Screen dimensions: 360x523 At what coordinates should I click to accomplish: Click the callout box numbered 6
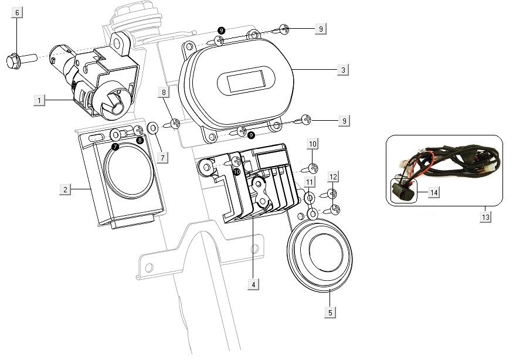[18, 13]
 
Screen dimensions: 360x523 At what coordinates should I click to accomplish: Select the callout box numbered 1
[39, 101]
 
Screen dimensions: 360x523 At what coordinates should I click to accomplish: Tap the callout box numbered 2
[65, 189]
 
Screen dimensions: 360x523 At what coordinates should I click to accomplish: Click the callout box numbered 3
[344, 70]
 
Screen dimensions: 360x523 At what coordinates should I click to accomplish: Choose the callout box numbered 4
[253, 284]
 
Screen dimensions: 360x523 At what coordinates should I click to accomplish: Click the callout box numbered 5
[330, 313]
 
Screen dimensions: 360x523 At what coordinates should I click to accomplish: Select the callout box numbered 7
[162, 157]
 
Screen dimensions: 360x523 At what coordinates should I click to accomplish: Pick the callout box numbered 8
[164, 92]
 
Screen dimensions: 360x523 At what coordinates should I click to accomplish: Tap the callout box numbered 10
[313, 144]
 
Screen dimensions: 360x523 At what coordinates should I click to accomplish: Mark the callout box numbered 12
[333, 176]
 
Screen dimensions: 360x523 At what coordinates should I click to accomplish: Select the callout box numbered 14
[433, 192]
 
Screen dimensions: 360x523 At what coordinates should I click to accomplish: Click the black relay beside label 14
[402, 191]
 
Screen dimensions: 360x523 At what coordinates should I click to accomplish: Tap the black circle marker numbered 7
[115, 146]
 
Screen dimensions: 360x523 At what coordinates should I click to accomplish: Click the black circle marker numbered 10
[236, 172]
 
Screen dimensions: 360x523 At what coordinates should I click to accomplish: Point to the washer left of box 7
[152, 127]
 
